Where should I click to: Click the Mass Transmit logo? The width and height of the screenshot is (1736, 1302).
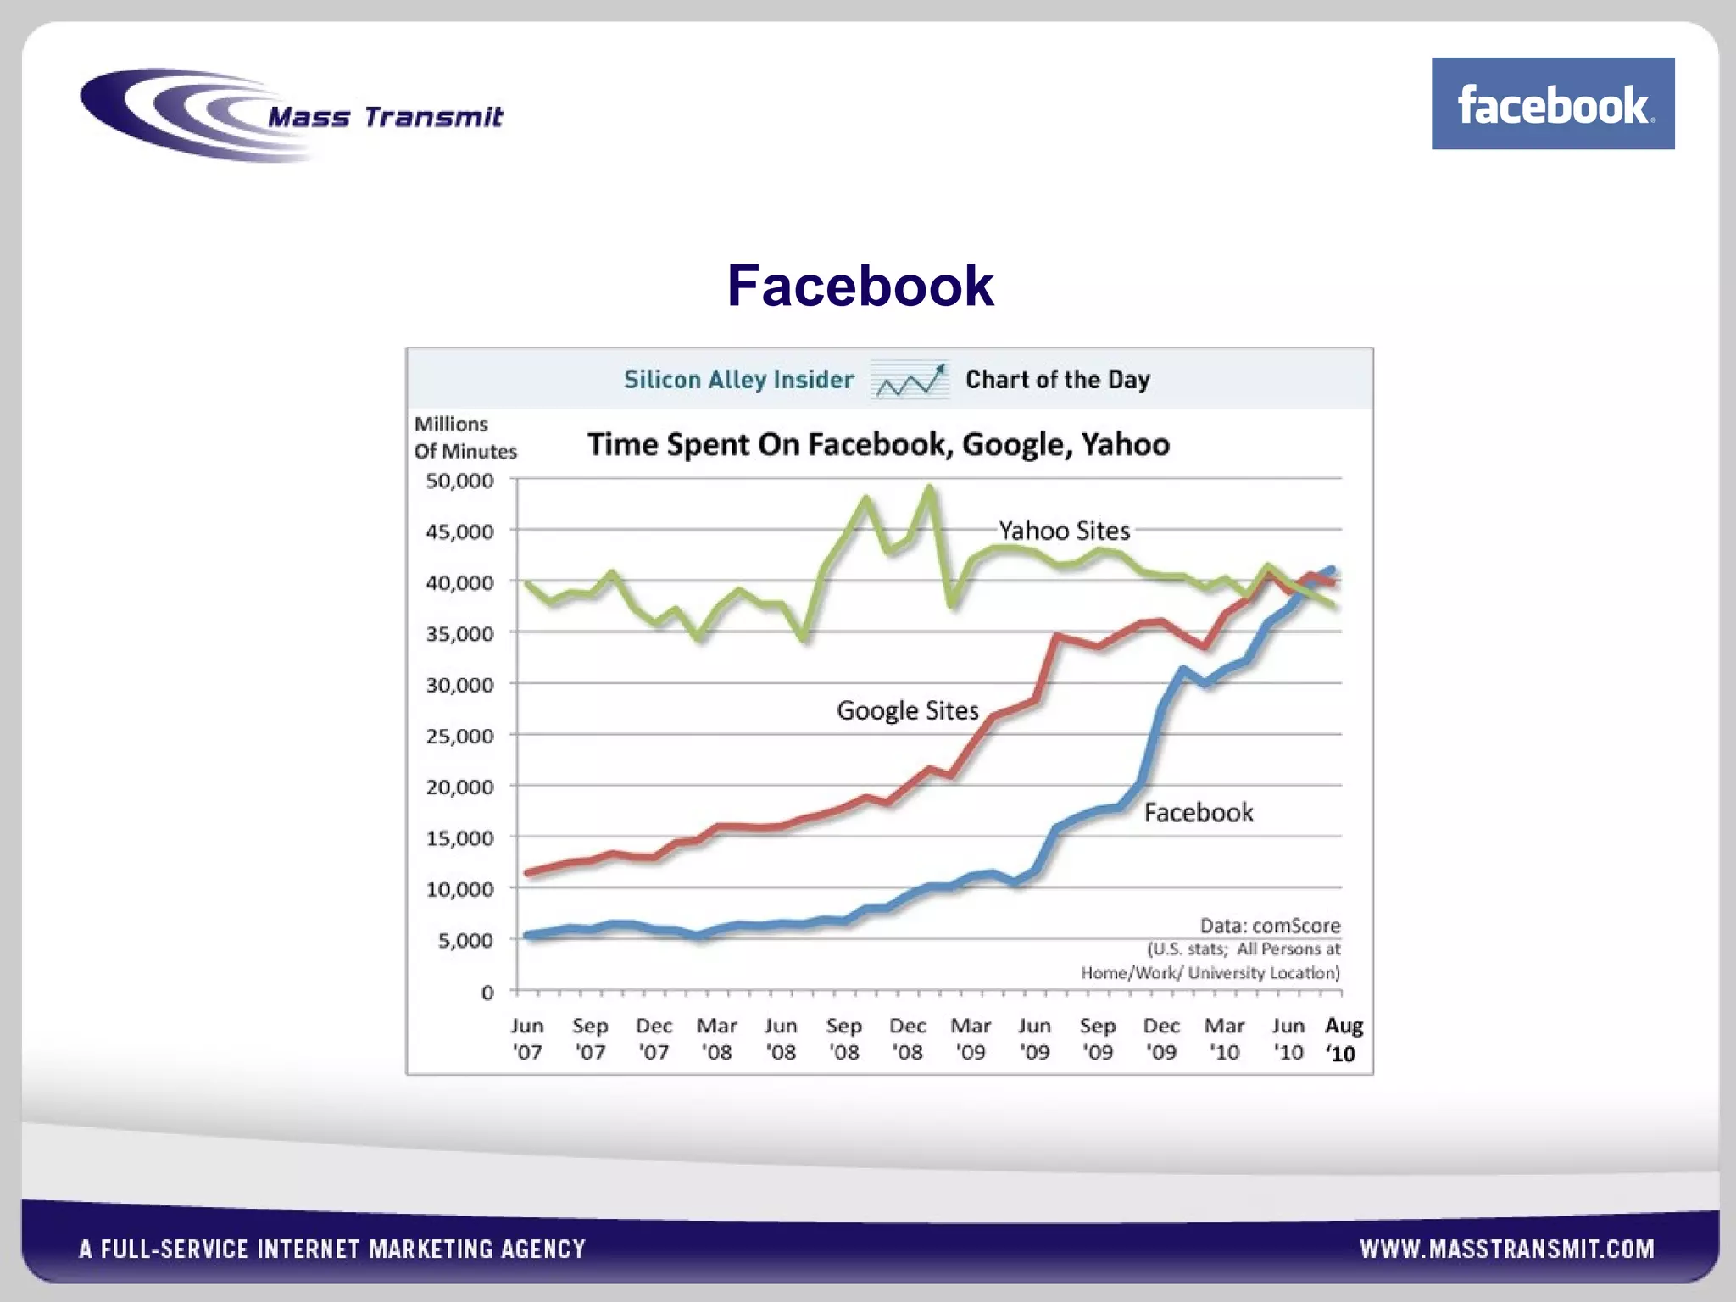click(292, 115)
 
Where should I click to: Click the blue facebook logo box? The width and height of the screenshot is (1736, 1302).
click(1552, 103)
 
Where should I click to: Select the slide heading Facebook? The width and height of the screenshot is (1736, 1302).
click(860, 286)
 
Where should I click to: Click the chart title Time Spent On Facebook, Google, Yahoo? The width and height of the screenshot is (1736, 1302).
click(878, 444)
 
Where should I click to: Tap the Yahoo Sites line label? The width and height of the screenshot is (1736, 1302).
click(1064, 531)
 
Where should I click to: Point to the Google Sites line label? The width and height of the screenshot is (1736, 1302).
click(907, 710)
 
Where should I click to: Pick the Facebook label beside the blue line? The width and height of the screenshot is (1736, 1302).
click(1198, 813)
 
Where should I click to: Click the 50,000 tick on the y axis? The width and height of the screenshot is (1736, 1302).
click(459, 481)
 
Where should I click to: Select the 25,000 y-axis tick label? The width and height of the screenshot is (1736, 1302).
click(459, 736)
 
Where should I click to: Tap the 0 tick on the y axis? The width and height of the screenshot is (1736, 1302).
click(487, 992)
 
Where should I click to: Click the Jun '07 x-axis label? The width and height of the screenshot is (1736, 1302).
click(526, 1038)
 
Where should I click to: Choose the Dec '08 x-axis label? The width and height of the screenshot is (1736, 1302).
click(907, 1038)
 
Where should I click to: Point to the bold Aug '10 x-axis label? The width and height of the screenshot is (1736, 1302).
click(1344, 1039)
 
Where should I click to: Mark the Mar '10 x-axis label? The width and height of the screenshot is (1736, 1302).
click(1224, 1038)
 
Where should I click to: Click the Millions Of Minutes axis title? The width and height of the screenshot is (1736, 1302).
click(465, 437)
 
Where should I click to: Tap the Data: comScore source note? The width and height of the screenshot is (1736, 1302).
click(1270, 926)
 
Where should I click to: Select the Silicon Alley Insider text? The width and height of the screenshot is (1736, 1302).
click(738, 379)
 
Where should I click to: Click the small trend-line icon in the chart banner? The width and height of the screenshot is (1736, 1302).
click(910, 381)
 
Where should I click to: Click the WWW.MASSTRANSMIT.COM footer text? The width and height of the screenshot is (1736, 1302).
click(1506, 1249)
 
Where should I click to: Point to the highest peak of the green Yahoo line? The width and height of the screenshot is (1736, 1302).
click(930, 488)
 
